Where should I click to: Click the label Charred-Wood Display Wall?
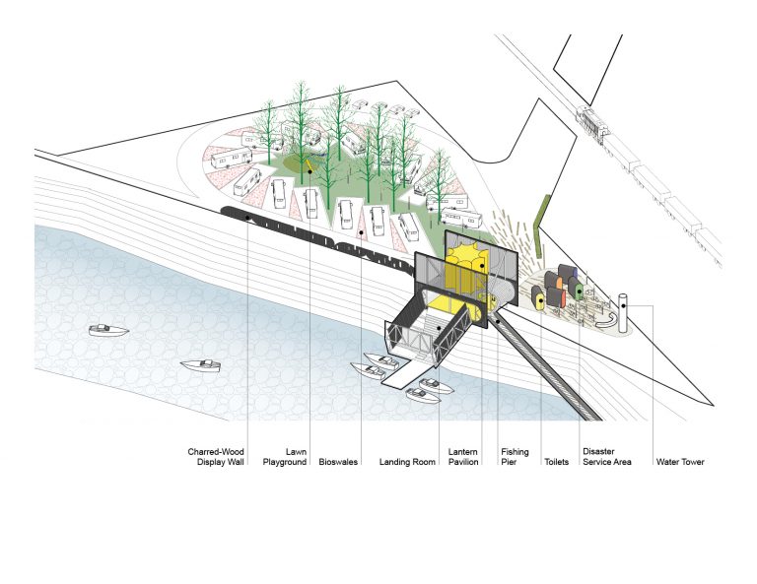[216, 457]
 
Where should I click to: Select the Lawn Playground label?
[284, 457]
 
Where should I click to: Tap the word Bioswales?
[338, 462]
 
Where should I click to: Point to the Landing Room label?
[407, 462]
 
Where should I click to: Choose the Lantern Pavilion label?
[463, 457]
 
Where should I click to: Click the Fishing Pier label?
[515, 457]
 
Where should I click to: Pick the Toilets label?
[556, 462]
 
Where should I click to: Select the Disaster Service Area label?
[607, 457]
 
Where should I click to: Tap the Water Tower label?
[680, 462]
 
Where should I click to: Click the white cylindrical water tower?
[623, 312]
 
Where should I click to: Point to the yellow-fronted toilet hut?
[538, 297]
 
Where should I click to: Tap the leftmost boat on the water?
[108, 330]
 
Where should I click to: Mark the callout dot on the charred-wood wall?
[247, 218]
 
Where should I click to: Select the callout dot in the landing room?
[439, 328]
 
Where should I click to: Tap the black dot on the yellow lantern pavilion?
[481, 265]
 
